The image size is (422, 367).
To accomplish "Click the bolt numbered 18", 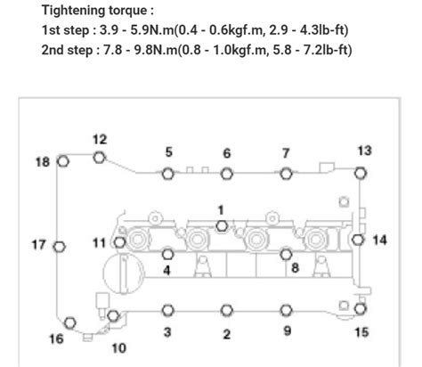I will pos(62,161).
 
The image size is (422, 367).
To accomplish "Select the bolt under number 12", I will pos(99,158).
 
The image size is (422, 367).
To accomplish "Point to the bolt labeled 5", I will pos(168,173).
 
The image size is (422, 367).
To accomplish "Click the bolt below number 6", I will pos(226,173).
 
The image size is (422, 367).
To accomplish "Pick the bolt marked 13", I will pos(361,172).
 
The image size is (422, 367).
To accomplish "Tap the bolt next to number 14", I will pos(357,240).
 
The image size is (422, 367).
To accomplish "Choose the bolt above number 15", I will pos(359,309).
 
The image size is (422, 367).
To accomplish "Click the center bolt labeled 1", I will pos(222,224).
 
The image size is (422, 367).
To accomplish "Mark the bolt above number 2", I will pos(226,310).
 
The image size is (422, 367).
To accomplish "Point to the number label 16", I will pos(56,339).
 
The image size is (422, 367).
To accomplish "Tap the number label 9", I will pos(287,332).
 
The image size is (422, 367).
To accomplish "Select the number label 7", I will pos(286,152).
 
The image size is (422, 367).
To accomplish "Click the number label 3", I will pos(166,333).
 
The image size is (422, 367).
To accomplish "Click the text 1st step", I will pos(65,30).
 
